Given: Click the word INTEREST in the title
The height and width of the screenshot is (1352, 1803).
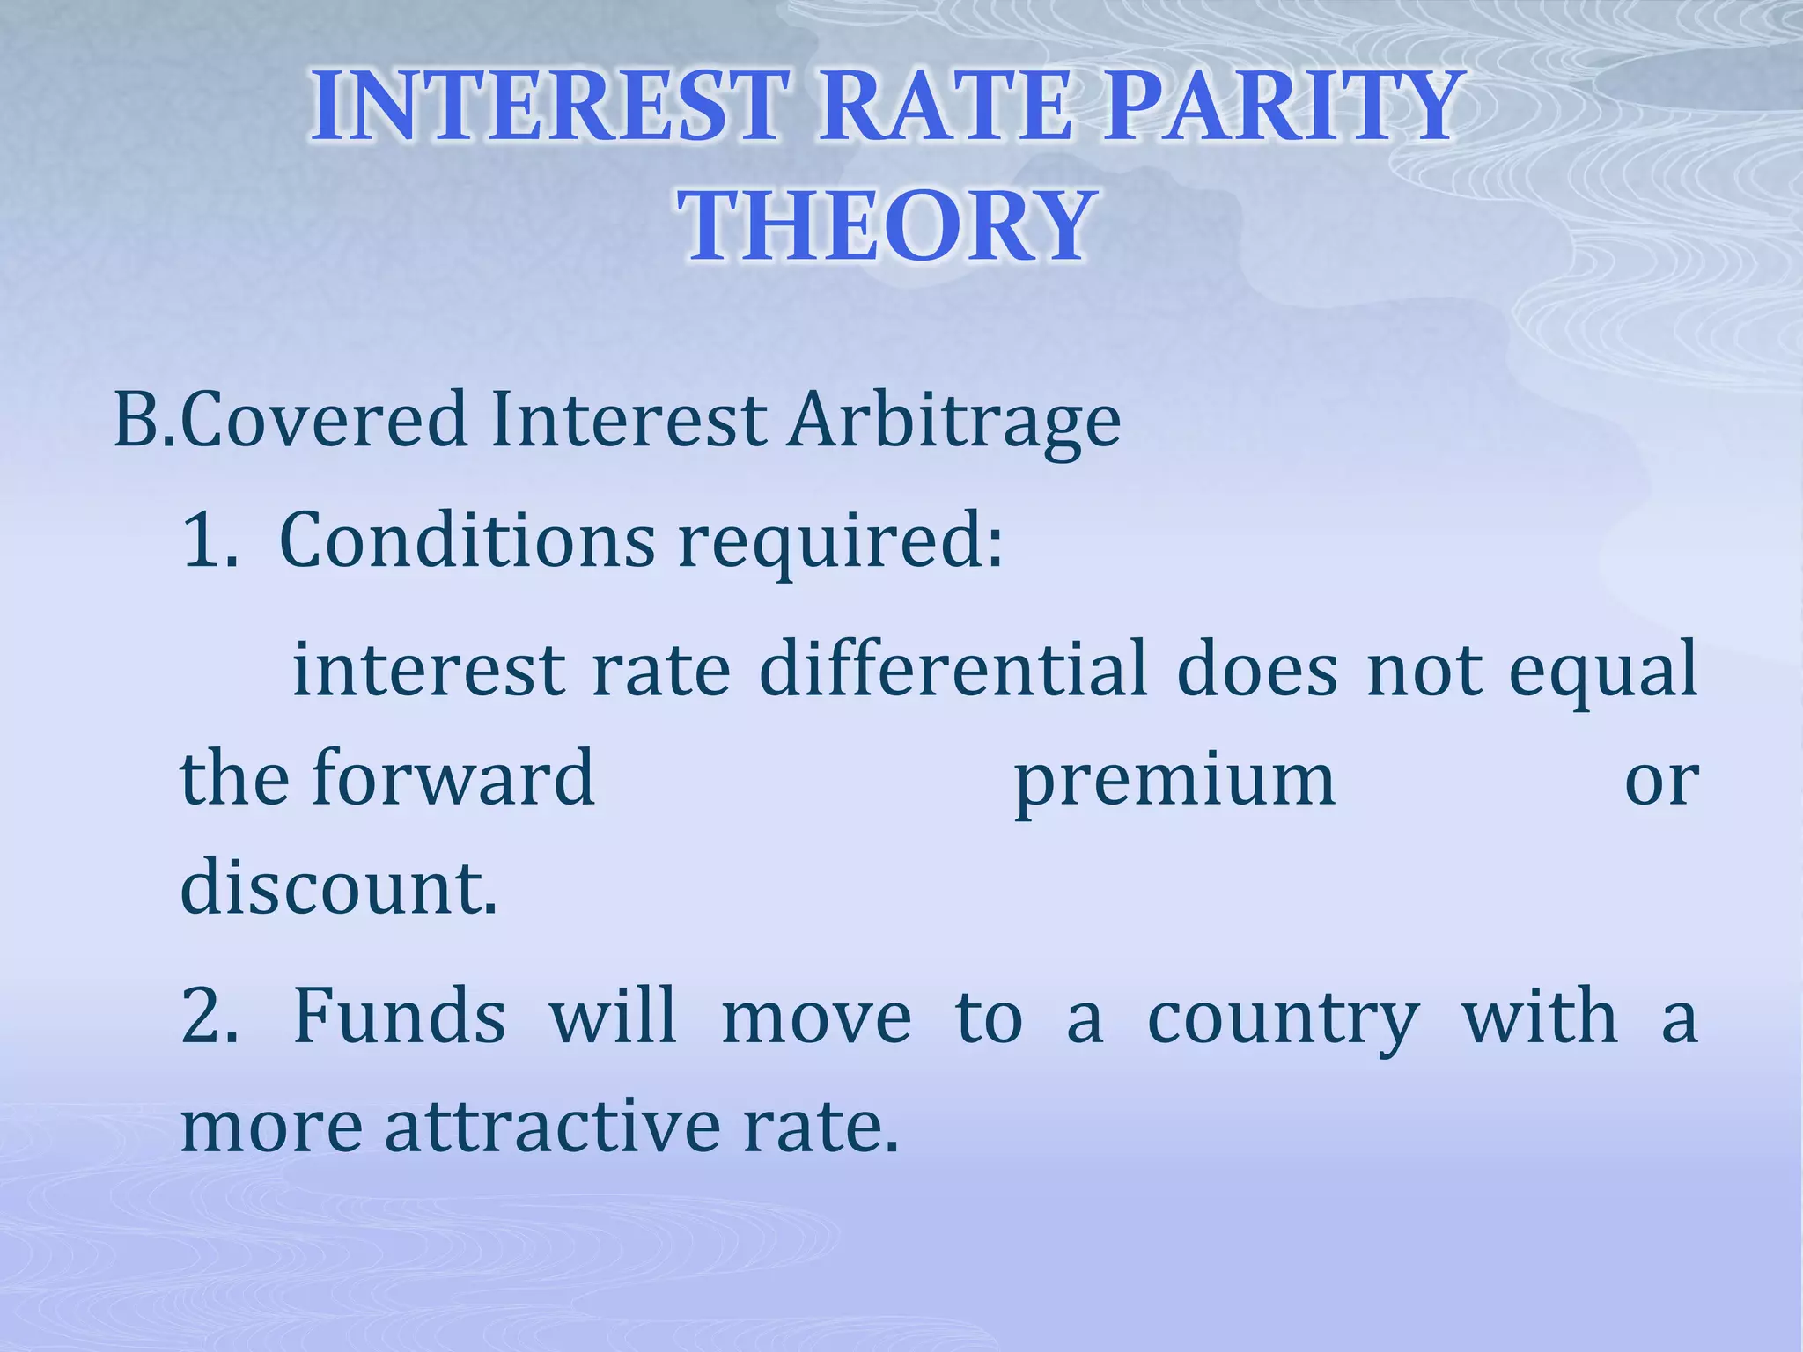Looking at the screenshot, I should click(546, 107).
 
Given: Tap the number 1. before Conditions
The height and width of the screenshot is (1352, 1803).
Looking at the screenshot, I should click(210, 540).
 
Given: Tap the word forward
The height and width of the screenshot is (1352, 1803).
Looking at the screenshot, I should click(453, 778).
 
